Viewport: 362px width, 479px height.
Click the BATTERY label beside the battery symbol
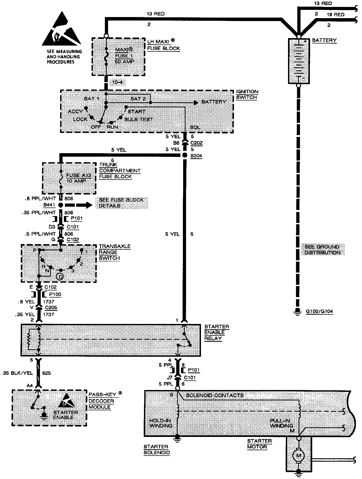tap(324, 40)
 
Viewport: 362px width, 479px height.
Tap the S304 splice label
tap(196, 156)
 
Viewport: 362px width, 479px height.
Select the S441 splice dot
tap(61, 205)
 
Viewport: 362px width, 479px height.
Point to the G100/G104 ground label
tap(319, 311)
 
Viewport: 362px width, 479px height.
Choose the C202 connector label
tap(196, 143)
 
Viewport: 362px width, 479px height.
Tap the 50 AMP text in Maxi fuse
tap(125, 62)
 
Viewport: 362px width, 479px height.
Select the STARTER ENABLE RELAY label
tap(216, 332)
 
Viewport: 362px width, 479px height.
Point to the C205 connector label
tap(51, 307)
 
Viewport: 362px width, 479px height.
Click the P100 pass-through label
tap(55, 294)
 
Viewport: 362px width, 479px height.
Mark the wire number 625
tap(47, 373)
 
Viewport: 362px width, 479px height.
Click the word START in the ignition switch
tap(137, 111)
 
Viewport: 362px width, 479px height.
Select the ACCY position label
tap(75, 111)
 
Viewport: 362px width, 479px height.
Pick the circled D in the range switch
tap(60, 277)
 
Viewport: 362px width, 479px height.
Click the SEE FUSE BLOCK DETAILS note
tap(121, 203)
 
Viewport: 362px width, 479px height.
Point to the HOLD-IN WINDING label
tap(161, 423)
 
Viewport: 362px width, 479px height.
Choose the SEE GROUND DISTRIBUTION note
tap(322, 249)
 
